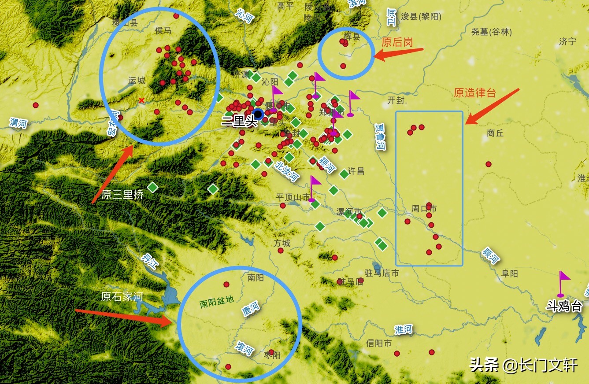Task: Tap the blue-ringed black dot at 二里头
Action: [x=258, y=114]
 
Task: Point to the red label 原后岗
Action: [x=397, y=42]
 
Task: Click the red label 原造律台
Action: [x=475, y=93]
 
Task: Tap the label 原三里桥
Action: [x=122, y=195]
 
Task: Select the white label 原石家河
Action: [x=122, y=296]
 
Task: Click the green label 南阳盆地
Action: [x=216, y=302]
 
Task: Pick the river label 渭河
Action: [x=18, y=122]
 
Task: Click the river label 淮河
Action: [x=404, y=329]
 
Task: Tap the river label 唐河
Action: [x=251, y=309]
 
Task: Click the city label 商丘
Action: [x=495, y=133]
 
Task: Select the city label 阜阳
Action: [x=510, y=273]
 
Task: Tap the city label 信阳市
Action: [x=378, y=343]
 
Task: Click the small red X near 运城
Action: [x=141, y=100]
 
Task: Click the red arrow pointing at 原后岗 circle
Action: [x=398, y=53]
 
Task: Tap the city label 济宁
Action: [x=567, y=42]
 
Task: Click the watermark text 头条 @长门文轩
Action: [x=523, y=365]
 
